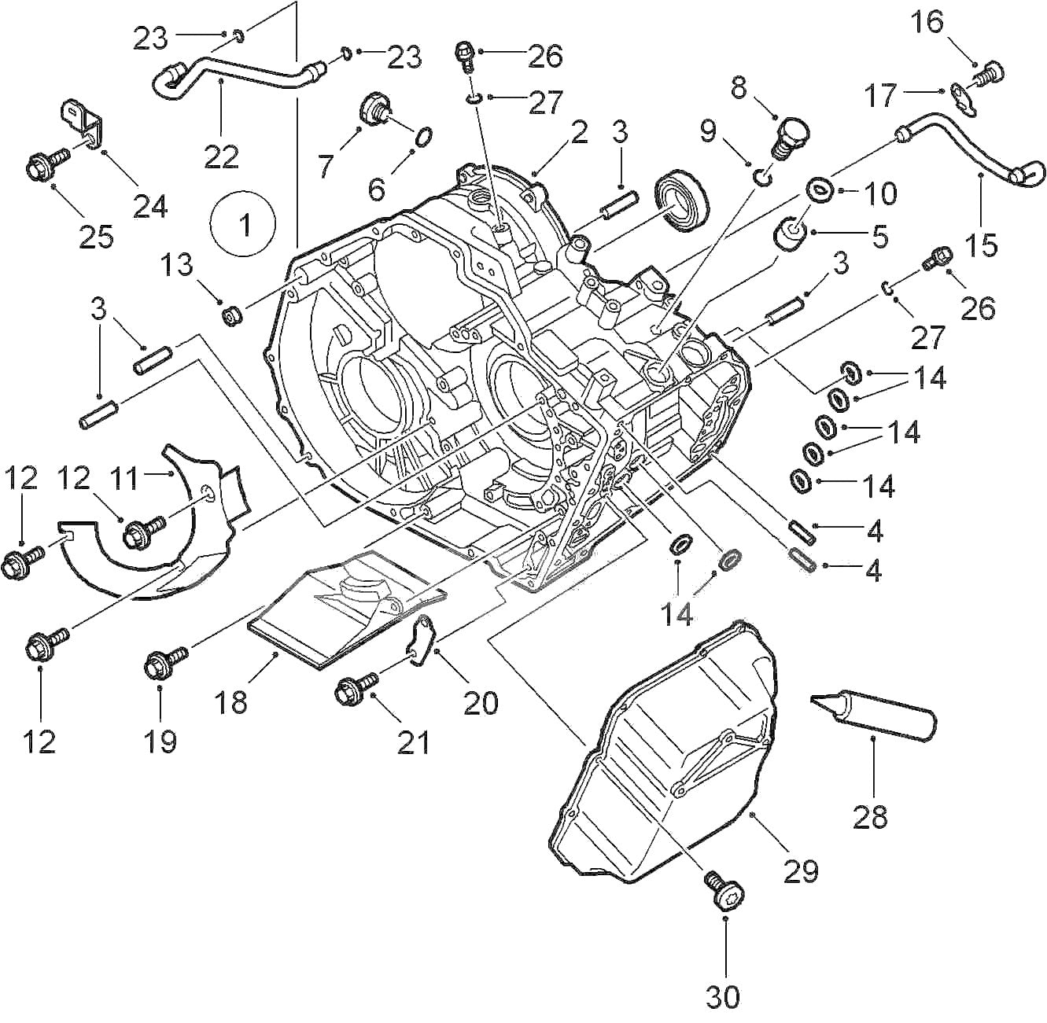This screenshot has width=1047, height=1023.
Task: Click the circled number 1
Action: click(243, 225)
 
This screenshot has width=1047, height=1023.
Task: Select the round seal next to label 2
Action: click(682, 201)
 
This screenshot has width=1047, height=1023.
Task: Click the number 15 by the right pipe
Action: click(981, 245)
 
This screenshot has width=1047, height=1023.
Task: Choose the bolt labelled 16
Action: click(986, 75)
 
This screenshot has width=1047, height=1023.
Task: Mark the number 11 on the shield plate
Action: click(124, 477)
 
